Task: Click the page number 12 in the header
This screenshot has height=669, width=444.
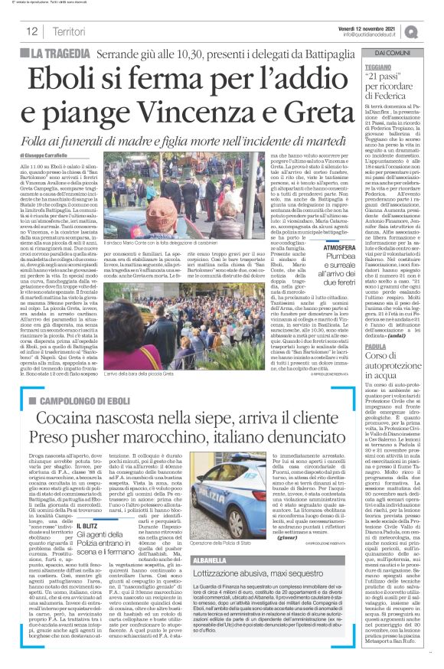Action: coord(31,32)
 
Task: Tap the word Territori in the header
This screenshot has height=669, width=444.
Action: coord(73,32)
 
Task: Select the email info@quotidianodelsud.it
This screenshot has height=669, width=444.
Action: coord(373,34)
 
